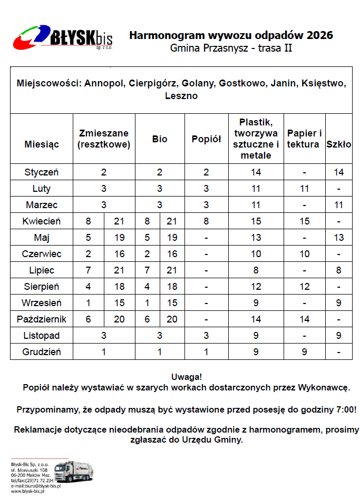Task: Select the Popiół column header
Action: coord(206,139)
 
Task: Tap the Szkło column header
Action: coord(339,144)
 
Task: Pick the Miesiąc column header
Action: coord(42,144)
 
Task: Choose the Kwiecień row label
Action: coord(42,221)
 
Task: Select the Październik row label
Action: coord(42,319)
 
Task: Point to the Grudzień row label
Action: coord(42,352)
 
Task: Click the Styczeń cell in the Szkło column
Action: coord(339,172)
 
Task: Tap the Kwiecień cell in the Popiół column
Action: coord(206,221)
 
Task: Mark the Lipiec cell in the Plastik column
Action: coord(256,270)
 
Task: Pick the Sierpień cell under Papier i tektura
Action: coord(304,287)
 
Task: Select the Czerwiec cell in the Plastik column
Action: coord(256,254)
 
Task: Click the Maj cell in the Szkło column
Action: coord(339,238)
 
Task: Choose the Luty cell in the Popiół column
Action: coord(206,189)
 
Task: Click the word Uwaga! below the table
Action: coord(187,377)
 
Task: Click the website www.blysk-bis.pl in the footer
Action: coord(28,491)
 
